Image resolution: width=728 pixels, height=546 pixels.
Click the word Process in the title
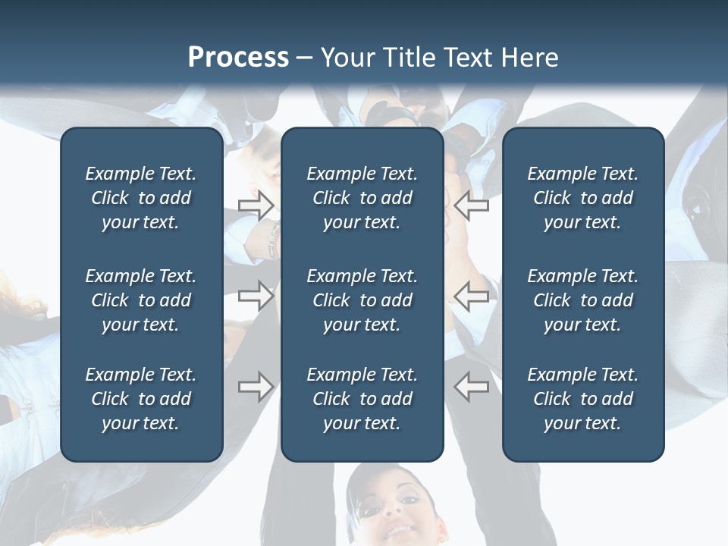[x=238, y=58]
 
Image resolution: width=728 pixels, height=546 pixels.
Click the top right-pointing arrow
[x=256, y=205]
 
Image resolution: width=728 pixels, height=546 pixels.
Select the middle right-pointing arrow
[x=256, y=295]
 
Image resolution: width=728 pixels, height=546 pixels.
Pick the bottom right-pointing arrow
[x=256, y=387]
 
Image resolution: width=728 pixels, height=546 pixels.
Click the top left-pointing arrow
[x=471, y=205]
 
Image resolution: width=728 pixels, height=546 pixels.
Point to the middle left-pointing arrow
[x=471, y=295]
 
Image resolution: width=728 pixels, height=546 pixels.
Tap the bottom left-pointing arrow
[x=471, y=387]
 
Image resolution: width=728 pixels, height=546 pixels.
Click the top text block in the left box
[x=141, y=198]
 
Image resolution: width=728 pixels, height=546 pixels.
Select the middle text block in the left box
[x=141, y=300]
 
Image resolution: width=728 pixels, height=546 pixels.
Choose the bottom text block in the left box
[x=141, y=399]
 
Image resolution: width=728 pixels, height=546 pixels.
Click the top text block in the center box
[x=362, y=198]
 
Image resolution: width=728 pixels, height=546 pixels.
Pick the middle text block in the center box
[x=362, y=300]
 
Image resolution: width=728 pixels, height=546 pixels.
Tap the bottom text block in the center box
[x=362, y=399]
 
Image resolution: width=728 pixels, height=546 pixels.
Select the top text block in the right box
[x=582, y=198]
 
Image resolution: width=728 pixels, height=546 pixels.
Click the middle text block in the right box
[x=582, y=300]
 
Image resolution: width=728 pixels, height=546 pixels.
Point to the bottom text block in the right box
[x=582, y=399]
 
